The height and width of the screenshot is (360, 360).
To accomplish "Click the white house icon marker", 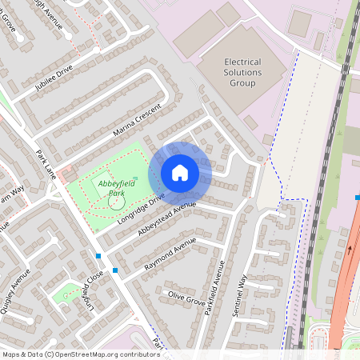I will point(180,172).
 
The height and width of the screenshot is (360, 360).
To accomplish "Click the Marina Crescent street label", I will point(137,118).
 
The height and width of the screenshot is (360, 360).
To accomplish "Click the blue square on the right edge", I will point(357,197).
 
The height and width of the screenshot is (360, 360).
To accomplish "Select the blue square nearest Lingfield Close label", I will point(98,256).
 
